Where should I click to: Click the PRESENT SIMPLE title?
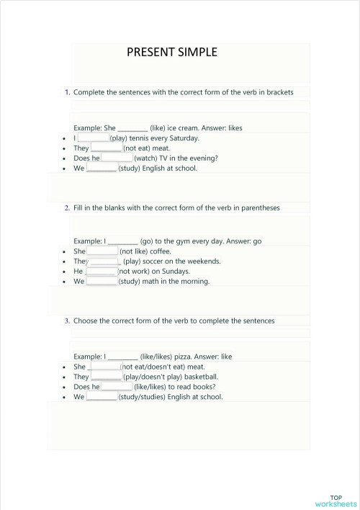point(171,52)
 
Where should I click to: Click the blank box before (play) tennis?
point(93,138)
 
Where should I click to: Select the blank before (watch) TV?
point(117,158)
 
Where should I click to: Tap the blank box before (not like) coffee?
point(102,251)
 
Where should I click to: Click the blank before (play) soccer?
point(103,261)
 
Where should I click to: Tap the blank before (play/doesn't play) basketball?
point(106,377)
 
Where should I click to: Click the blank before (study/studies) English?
point(102,397)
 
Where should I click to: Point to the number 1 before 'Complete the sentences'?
point(67,92)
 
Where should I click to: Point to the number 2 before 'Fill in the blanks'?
point(67,207)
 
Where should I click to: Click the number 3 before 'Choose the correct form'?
point(67,321)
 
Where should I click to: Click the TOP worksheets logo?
point(336,501)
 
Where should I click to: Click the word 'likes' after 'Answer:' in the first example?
point(233,127)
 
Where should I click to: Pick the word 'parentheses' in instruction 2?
point(261,207)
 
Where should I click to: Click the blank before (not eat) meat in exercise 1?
point(106,148)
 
